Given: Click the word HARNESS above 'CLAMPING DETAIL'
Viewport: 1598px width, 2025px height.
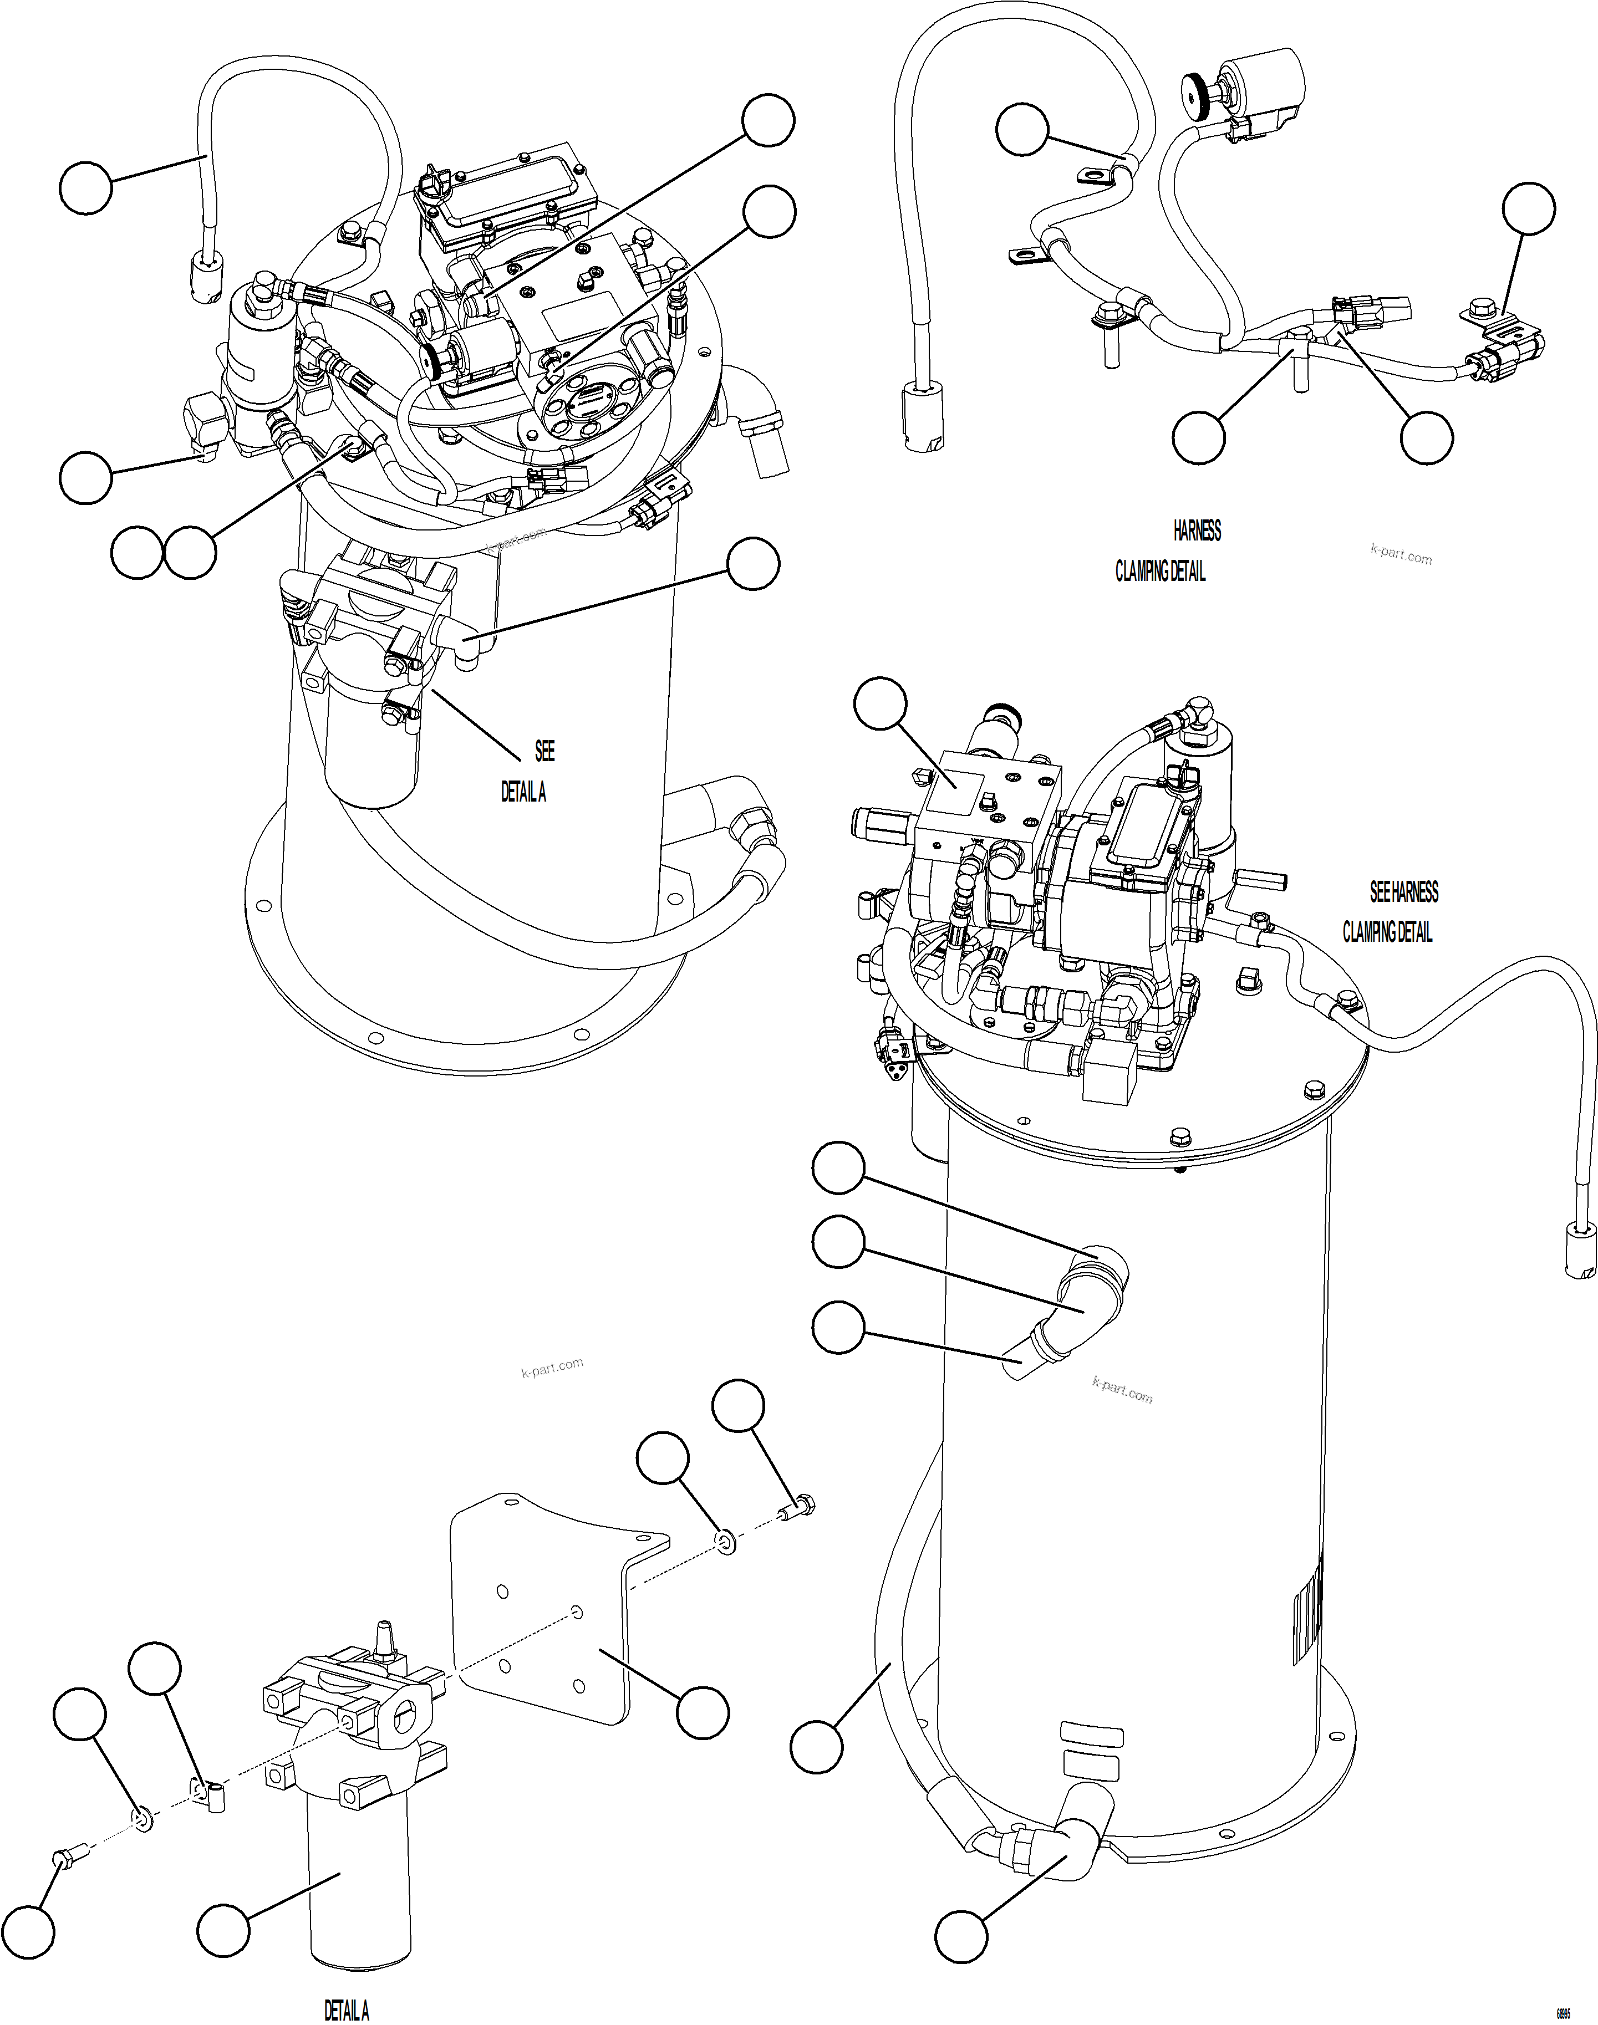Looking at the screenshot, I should [1197, 531].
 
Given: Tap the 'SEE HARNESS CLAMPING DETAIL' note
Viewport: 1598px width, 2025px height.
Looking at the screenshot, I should [1394, 912].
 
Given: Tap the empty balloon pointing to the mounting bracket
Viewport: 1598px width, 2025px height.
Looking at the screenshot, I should [702, 1713].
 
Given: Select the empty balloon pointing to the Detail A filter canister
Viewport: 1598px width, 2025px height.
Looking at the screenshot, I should [223, 1929].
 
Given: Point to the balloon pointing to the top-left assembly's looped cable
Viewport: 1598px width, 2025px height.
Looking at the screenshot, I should [85, 187].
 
